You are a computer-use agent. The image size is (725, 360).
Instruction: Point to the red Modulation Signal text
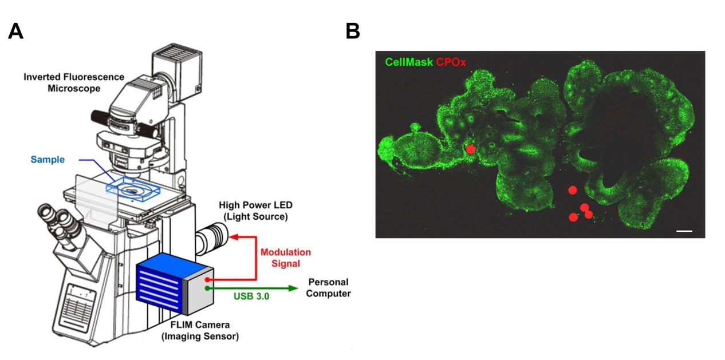pos(285,258)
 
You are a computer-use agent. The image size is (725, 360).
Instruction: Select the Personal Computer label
pos(329,288)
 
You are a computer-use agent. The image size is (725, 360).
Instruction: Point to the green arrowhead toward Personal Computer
pos(294,288)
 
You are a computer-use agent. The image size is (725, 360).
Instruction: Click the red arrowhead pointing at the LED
pos(232,236)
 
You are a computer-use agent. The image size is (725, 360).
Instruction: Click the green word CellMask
pos(409,62)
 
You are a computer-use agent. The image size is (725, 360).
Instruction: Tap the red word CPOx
pos(451,62)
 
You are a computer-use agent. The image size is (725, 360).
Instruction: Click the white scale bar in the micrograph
pos(684,231)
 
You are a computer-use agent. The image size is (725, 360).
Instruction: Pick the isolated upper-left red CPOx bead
pos(470,149)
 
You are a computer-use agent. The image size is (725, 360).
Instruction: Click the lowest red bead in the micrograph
pos(573,217)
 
